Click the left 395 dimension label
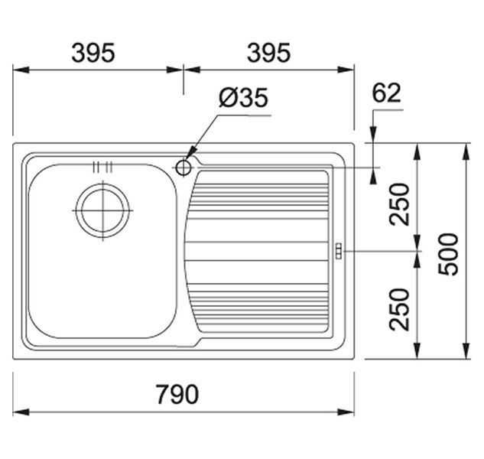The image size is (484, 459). pyautogui.click(x=93, y=53)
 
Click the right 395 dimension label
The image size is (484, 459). pyautogui.click(x=269, y=53)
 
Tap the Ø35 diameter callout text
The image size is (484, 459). pyautogui.click(x=244, y=98)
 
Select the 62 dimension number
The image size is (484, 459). pyautogui.click(x=386, y=93)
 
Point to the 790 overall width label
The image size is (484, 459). pyautogui.click(x=177, y=394)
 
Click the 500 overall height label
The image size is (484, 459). pyautogui.click(x=449, y=254)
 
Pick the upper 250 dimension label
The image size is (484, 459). pyautogui.click(x=399, y=203)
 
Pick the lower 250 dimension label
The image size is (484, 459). pyautogui.click(x=399, y=309)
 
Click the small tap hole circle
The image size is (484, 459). pyautogui.click(x=184, y=168)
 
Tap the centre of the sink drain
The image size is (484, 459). pyautogui.click(x=102, y=210)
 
